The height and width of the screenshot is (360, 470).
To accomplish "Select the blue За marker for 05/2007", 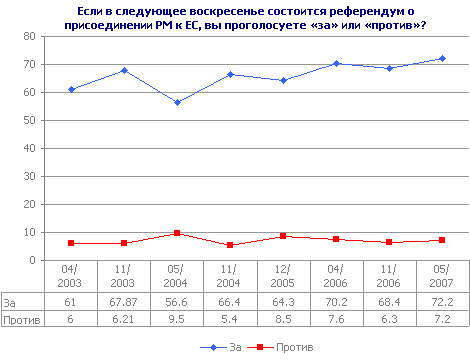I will click(442, 58).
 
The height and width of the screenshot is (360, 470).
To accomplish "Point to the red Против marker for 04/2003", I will click(71, 243).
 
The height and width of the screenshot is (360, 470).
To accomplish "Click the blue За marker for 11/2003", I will click(123, 70).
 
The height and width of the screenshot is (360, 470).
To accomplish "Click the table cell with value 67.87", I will click(123, 301).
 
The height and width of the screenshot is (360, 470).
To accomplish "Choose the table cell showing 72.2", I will click(442, 301).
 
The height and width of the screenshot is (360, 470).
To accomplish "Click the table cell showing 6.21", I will click(123, 319).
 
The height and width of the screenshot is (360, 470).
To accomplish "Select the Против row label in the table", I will click(20, 319).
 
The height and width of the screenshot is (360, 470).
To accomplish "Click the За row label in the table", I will click(11, 301).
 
